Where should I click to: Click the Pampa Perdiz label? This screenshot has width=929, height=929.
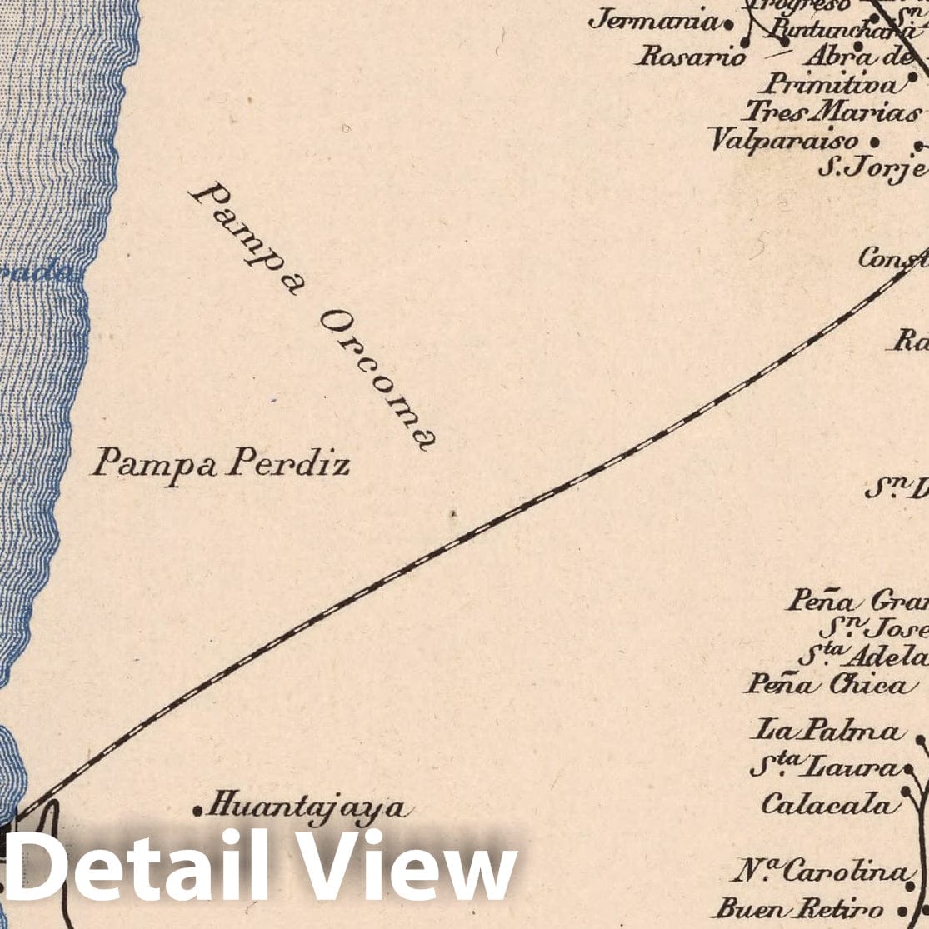pos(221,462)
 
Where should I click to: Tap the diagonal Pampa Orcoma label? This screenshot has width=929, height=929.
pos(312,317)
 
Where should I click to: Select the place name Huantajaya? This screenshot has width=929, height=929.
pos(307,807)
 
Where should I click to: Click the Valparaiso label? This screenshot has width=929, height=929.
pos(783,139)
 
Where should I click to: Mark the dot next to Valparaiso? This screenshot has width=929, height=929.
pos(874,142)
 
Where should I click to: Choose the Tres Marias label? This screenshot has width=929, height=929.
pos(832,111)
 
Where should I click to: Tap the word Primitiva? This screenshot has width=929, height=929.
pos(832,84)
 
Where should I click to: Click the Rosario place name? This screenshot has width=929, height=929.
pos(692,57)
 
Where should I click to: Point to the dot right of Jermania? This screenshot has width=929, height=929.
pos(729,25)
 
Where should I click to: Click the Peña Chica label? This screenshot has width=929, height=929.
pos(826,684)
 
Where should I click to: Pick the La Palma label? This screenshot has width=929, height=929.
pos(827,732)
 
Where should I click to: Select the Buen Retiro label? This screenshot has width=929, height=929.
pos(799,907)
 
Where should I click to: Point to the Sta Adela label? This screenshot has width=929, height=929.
pos(862,655)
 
